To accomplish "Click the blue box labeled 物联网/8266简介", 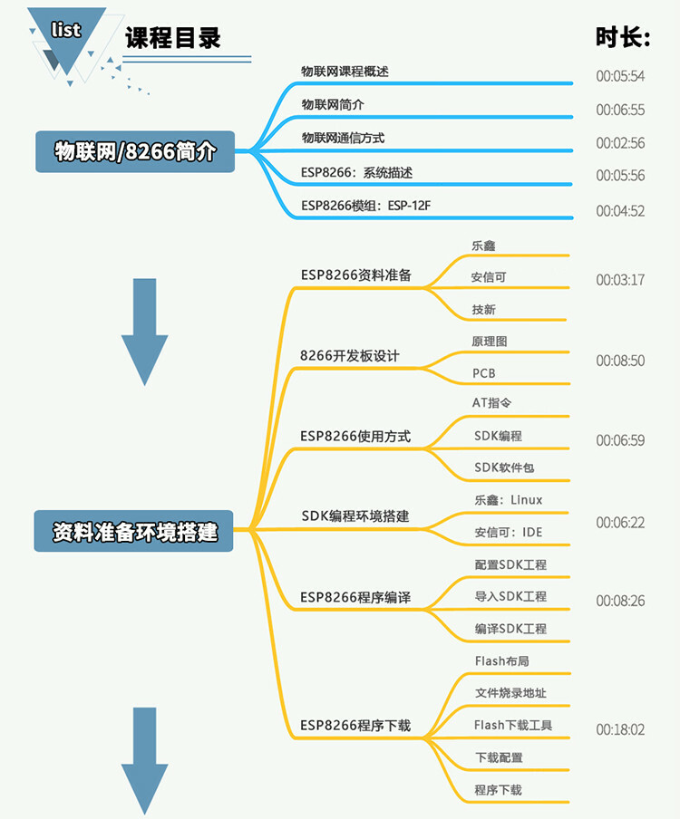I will pos(135,151).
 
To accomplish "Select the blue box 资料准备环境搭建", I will pos(135,532).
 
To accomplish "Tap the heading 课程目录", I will pos(172,38).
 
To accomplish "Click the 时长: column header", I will pos(623,37).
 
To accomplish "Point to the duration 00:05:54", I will pos(620,76).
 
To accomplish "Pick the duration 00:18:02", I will pos(620,729).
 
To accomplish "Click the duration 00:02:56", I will pos(620,143).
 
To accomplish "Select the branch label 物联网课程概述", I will pos(345,71).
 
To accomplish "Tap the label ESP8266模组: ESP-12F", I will pos(365,205).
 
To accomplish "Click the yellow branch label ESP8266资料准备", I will pos(355,275).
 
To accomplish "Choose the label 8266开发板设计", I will pos(350,355).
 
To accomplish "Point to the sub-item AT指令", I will pos(493,402).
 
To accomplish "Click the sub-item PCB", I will pos(484,372).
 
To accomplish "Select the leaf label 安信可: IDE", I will pos(508,532).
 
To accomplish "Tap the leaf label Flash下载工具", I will pos(513,725).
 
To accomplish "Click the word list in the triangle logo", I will pos(66,30).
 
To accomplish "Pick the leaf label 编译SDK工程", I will pos(510,629).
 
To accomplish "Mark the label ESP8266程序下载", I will pos(355,725).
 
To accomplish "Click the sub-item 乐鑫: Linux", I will pos(508,499).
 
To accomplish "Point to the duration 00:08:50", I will pos(620,361).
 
